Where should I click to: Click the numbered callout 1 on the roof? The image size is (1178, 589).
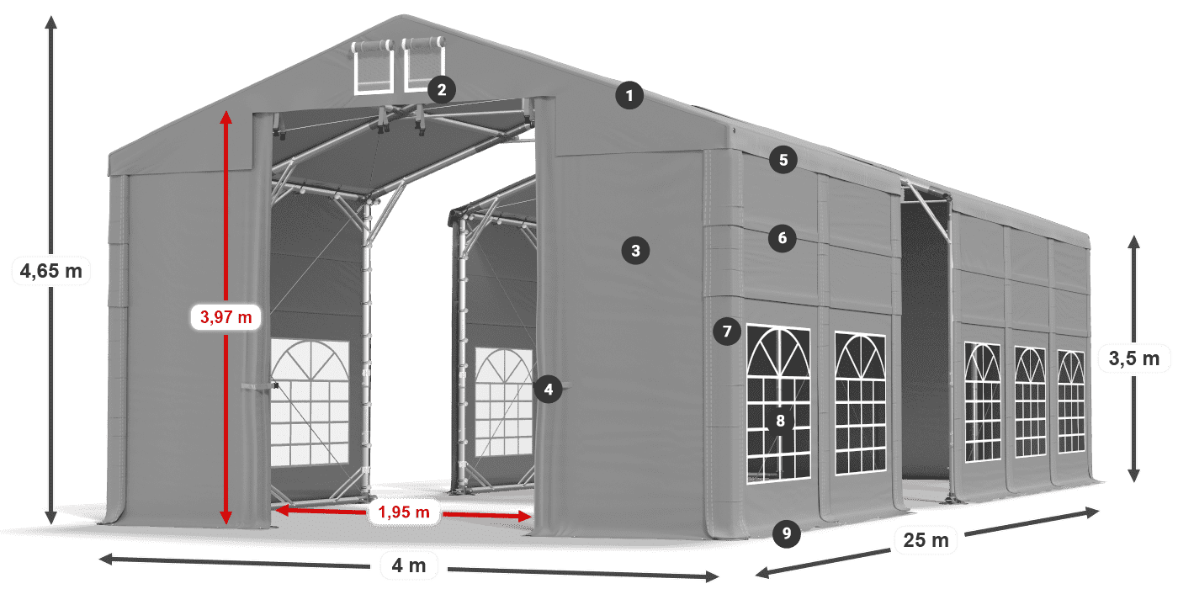(x=629, y=96)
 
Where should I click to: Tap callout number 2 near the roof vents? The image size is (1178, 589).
(x=441, y=89)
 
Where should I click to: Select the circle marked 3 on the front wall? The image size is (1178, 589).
(x=635, y=250)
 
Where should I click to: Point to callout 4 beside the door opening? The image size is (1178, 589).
(x=548, y=390)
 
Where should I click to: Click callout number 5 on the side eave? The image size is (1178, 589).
(x=783, y=161)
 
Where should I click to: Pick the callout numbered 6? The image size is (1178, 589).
(x=782, y=238)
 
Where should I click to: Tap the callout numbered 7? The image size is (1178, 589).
(x=727, y=332)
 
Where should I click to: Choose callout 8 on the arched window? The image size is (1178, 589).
(x=781, y=421)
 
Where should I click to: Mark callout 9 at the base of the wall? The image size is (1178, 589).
(x=785, y=532)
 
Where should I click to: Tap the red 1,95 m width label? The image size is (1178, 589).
(x=404, y=511)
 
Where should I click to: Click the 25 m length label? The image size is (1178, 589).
(x=926, y=539)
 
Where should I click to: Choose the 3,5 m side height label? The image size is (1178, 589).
(x=1133, y=359)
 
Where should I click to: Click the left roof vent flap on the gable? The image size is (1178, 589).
(x=373, y=66)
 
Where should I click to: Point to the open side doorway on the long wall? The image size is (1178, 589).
(x=923, y=337)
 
